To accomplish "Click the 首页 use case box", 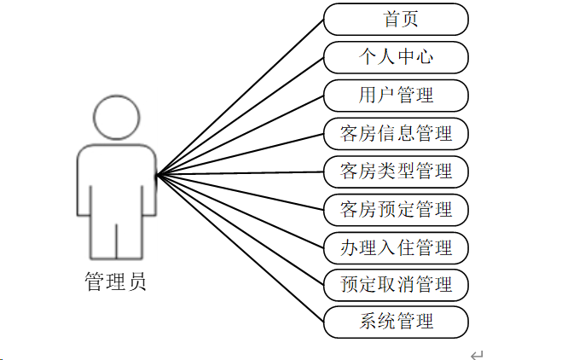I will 396,19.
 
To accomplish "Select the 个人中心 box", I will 396,57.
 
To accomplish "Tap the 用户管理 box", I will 396,95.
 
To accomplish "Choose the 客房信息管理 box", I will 396,133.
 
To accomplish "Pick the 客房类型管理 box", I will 396,171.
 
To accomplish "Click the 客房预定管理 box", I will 396,208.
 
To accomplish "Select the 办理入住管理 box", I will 396,247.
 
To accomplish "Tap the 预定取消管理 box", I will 396,284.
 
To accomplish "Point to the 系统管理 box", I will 396,322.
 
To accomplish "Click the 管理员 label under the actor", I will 116,282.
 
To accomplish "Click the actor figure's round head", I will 117,117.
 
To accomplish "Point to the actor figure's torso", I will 117,179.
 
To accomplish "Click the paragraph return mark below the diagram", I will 478,353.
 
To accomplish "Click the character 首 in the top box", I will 385,19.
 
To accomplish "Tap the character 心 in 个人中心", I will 424,57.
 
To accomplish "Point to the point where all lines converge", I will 157,176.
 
